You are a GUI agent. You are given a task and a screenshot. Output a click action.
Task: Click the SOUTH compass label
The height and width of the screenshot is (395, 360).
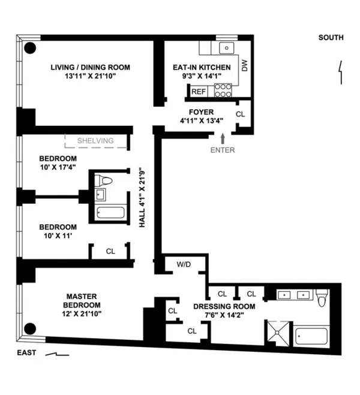331,38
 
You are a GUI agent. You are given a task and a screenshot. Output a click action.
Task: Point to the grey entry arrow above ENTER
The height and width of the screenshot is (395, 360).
223,138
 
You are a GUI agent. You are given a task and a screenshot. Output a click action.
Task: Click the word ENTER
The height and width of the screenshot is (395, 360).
223,150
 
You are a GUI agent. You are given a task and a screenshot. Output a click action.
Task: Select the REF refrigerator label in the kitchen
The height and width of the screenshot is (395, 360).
198,92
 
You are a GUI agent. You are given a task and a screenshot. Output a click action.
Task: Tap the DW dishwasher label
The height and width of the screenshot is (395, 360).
245,66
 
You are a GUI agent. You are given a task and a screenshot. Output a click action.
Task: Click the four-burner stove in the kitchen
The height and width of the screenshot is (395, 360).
223,91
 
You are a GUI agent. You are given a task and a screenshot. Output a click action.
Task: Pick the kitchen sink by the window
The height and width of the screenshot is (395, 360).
227,49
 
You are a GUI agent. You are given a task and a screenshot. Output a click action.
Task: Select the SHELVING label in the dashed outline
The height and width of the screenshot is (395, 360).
95,141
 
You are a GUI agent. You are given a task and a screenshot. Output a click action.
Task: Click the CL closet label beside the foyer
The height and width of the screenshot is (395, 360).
240,114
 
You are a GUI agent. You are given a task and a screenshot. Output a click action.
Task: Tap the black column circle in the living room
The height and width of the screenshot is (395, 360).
29,48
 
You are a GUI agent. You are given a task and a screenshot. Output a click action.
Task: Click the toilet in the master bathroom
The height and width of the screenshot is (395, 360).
322,297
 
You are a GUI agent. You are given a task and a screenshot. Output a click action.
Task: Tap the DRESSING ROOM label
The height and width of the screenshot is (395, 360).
224,306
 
